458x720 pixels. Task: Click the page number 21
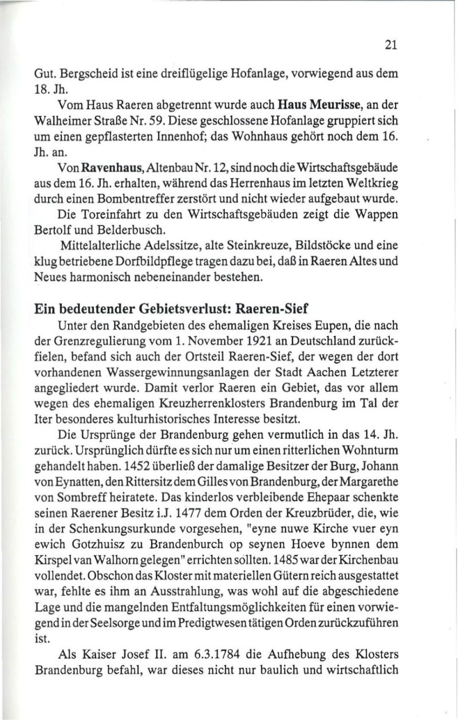pos(391,45)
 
